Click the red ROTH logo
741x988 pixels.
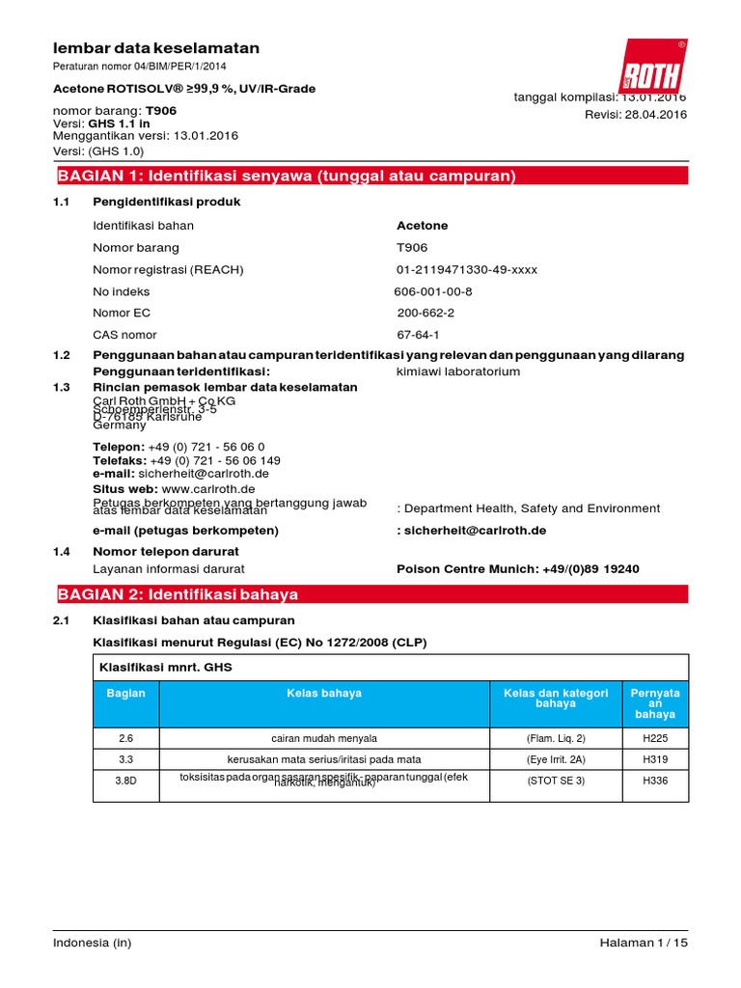click(x=652, y=67)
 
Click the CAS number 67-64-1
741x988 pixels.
click(x=418, y=335)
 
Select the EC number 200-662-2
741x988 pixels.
click(x=425, y=313)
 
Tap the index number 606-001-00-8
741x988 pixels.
click(x=433, y=291)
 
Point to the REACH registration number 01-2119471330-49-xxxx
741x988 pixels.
click(x=467, y=269)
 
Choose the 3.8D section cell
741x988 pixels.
click(x=125, y=781)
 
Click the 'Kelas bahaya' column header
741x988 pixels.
click(x=324, y=693)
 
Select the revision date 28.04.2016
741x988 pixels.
click(x=636, y=114)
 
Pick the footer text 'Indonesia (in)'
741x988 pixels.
click(x=93, y=943)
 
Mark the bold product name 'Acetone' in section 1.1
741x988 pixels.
click(x=423, y=226)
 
